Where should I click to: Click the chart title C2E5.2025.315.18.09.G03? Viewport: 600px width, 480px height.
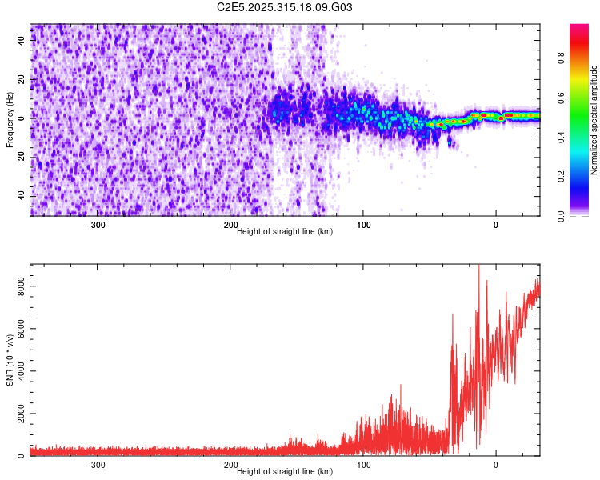click(285, 7)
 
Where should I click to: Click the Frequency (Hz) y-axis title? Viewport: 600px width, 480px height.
click(10, 119)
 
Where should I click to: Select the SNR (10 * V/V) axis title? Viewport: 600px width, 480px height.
click(10, 360)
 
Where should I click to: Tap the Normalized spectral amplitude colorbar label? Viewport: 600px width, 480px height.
click(594, 119)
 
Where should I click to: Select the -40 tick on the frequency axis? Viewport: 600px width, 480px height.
click(20, 195)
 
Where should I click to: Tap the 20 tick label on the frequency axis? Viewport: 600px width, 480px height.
click(22, 79)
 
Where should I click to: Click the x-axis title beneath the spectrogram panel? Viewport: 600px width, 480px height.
click(285, 231)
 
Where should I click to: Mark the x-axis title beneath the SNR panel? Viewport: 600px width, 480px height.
click(285, 471)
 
